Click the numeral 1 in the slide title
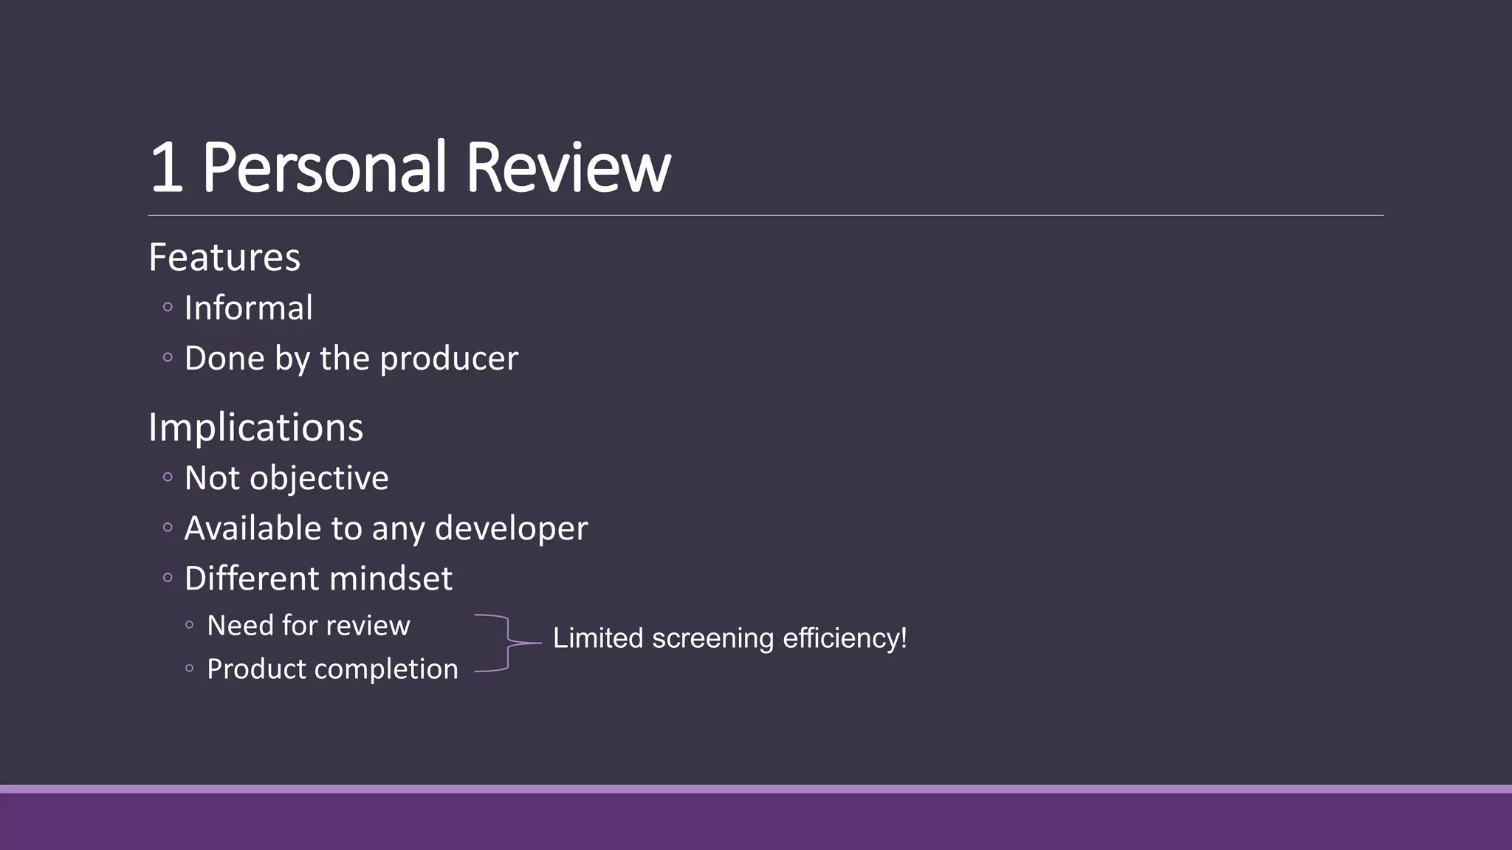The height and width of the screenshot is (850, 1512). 166,167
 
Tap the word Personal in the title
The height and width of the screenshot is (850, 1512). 325,167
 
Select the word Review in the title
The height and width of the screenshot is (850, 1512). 568,167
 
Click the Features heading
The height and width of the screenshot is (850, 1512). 224,257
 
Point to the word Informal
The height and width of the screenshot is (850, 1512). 248,308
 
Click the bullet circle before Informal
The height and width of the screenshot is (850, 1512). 168,307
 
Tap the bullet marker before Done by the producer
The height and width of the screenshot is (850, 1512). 168,358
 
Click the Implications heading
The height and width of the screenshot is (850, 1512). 255,427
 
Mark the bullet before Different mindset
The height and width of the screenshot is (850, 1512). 168,578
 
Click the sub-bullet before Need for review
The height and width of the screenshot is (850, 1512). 190,626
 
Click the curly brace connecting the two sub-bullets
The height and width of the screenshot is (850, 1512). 508,643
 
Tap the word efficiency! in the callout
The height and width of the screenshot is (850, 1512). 845,639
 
